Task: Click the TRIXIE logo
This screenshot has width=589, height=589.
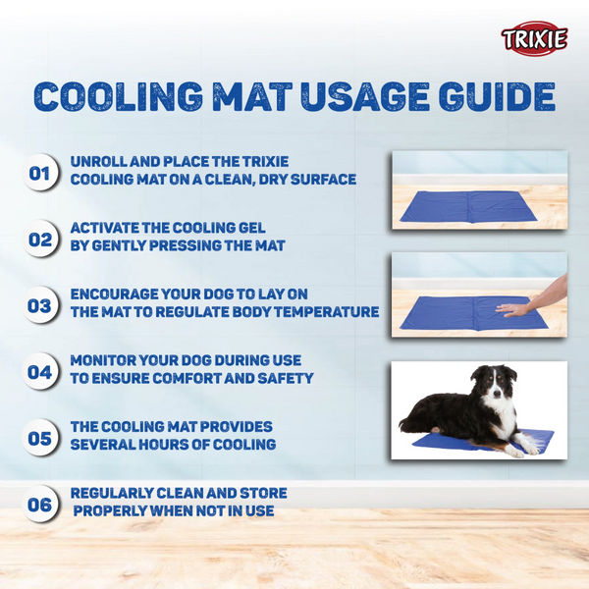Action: tap(534, 39)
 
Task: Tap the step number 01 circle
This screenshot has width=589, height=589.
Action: tap(40, 175)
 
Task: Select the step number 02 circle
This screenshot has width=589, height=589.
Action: tap(40, 239)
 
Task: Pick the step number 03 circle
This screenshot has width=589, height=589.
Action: tap(40, 305)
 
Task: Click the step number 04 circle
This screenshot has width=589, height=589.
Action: tap(40, 372)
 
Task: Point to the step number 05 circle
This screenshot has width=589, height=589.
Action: tap(40, 438)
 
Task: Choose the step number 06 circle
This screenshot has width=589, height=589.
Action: tap(40, 506)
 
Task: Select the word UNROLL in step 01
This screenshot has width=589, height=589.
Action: tap(101, 161)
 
